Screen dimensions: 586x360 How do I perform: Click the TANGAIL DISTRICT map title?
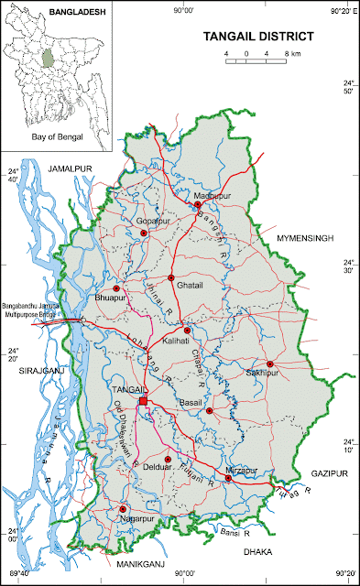click(x=257, y=38)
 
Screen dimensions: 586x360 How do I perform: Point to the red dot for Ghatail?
click(x=171, y=277)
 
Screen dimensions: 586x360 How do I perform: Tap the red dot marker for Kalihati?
click(x=187, y=330)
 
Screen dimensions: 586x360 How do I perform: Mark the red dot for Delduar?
click(x=168, y=459)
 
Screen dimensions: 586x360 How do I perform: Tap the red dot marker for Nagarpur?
click(x=123, y=509)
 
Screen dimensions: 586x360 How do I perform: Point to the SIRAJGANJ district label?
click(x=27, y=370)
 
